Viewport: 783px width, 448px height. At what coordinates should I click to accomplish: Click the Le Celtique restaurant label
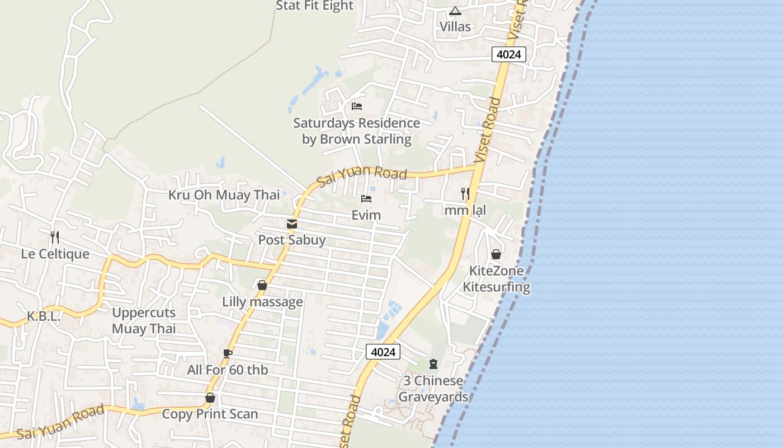pos(55,254)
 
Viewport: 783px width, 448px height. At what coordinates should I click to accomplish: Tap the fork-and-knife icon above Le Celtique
pos(54,237)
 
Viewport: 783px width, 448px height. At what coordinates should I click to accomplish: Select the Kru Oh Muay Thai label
pos(224,195)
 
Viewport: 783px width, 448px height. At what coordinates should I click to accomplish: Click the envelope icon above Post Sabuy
pos(291,224)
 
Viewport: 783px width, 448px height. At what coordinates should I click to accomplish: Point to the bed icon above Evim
pos(366,199)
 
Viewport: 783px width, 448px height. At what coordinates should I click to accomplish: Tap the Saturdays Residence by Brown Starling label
pos(356,131)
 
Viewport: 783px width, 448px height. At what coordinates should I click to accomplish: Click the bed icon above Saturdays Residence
pos(356,106)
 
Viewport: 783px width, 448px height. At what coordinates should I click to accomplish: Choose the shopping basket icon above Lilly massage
pos(262,285)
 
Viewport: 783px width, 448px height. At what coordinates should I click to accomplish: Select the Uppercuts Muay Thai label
pos(144,320)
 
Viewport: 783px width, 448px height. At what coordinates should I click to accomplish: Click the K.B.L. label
pos(43,316)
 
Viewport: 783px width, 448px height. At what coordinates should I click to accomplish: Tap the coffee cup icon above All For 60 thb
pos(227,353)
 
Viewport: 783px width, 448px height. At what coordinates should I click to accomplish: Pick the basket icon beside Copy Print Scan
pos(210,398)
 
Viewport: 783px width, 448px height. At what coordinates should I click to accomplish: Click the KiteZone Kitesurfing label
pos(496,279)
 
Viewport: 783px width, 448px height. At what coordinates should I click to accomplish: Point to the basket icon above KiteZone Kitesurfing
pos(496,254)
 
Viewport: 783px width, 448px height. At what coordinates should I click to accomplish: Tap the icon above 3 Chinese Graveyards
pos(433,364)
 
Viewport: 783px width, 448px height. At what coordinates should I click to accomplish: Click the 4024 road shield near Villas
pos(509,54)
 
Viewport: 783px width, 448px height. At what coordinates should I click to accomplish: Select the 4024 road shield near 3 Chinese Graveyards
pos(383,352)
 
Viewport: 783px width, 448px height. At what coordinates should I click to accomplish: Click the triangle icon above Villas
pos(455,11)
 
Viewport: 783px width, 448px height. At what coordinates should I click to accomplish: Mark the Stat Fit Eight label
pos(315,6)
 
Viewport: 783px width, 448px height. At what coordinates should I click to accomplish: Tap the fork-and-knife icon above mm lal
pos(465,194)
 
